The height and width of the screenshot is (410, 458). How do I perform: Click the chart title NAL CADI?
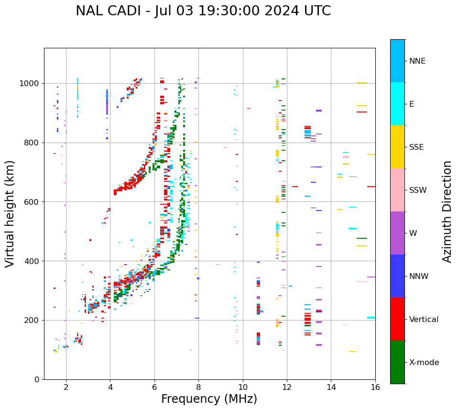point(203,11)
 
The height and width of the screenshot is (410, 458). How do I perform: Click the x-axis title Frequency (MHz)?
point(209,399)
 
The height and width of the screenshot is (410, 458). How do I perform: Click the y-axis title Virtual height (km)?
point(10,214)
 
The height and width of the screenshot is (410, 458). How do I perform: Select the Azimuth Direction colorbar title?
point(447,211)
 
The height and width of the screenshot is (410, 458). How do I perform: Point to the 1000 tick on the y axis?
point(32,84)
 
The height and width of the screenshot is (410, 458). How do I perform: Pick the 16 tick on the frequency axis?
point(375,387)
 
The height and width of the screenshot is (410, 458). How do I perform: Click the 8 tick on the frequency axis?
point(198,387)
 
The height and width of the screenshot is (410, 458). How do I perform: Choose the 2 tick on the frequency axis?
point(66,387)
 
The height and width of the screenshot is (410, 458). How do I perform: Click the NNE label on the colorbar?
point(417,61)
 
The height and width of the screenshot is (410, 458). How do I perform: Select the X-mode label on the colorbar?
point(424,363)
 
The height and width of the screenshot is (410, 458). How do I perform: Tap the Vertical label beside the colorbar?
point(424,320)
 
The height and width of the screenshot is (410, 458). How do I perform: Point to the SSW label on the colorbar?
point(418,190)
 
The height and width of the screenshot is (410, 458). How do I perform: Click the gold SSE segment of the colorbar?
point(397,147)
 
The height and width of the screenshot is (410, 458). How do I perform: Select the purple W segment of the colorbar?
point(397,233)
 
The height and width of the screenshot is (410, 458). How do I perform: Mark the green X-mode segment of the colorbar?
point(397,362)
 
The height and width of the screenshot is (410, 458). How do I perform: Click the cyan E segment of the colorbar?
point(397,104)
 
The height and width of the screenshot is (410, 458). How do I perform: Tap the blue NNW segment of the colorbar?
point(397,276)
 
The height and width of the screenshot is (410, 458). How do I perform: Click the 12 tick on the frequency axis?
point(287,387)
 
